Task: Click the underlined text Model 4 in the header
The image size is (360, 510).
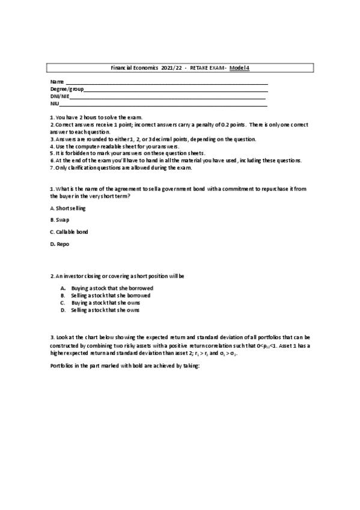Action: [x=240, y=68]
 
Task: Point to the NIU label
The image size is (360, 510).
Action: [x=55, y=103]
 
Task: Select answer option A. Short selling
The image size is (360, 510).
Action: [x=68, y=208]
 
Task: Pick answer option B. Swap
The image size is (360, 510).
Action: [x=60, y=220]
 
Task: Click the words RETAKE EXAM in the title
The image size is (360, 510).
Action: [x=207, y=68]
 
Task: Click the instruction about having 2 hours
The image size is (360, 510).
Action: [x=97, y=117]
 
